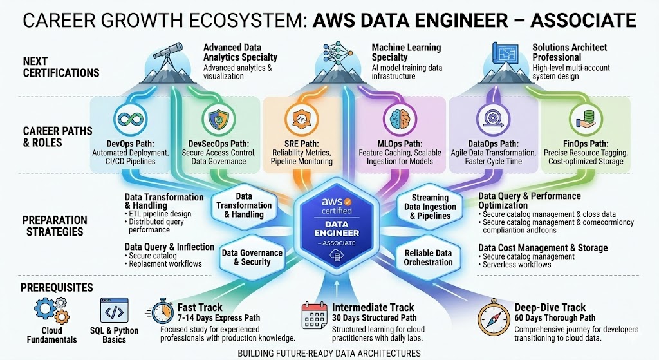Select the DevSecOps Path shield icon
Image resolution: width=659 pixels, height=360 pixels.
[215, 119]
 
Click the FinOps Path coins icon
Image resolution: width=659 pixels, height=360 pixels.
[582, 119]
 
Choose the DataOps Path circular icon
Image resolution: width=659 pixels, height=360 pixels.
[488, 119]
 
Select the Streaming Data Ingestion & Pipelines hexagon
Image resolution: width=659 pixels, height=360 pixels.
[429, 207]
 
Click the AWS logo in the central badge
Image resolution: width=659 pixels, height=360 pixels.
[336, 204]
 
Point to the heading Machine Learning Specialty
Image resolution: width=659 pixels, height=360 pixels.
[406, 53]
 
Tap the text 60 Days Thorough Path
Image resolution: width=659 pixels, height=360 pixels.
[554, 318]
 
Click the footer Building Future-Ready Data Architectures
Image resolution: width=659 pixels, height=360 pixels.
[329, 353]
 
